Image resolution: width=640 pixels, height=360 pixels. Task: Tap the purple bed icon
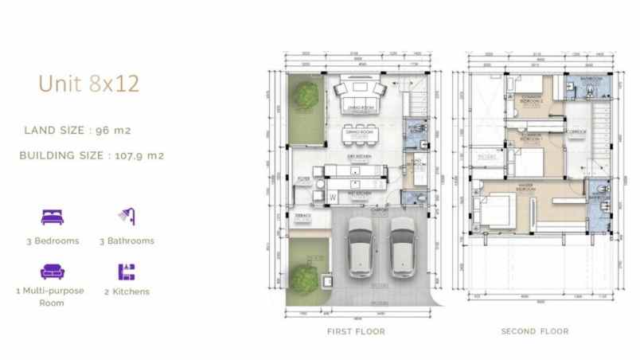52,216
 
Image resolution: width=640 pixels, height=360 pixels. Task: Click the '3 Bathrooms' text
127,241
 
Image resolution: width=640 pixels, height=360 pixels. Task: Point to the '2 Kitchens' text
127,292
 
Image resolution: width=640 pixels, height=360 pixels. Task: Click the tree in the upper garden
302,97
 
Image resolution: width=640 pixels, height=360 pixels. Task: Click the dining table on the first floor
361,131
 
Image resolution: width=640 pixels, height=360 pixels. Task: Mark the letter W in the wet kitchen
333,195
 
